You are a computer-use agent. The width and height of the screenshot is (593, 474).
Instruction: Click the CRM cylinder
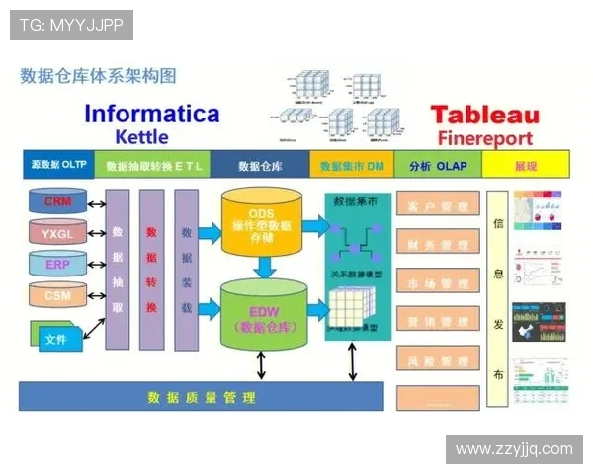click(x=58, y=201)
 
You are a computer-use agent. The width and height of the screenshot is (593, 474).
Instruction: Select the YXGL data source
click(x=58, y=234)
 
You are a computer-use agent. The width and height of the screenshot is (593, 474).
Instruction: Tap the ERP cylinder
click(x=58, y=265)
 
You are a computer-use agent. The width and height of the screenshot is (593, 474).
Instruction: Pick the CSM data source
click(x=58, y=294)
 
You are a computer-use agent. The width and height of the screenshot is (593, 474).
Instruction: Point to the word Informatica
click(x=151, y=114)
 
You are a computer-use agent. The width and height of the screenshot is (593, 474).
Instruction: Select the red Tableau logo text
click(x=481, y=115)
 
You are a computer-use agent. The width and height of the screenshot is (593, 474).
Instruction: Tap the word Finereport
click(x=484, y=138)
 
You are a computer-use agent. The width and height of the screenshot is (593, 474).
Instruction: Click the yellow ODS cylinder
click(x=261, y=217)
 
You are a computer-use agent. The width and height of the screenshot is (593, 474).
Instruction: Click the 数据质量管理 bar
click(x=201, y=397)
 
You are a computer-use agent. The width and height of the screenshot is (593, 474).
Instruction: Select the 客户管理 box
click(x=437, y=207)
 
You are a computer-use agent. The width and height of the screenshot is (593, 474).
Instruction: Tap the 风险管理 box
click(x=437, y=359)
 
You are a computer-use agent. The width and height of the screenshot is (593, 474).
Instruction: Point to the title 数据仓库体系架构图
click(x=99, y=75)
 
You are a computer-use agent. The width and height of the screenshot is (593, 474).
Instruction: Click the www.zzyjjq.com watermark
click(x=514, y=449)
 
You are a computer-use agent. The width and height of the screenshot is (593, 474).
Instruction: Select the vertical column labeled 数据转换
click(x=151, y=270)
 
